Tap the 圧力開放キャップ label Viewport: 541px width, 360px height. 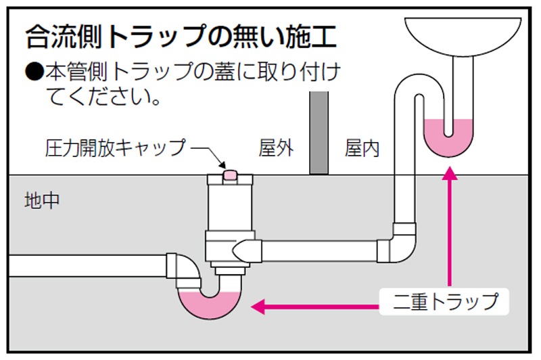(x=116, y=148)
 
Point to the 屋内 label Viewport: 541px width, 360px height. (x=362, y=148)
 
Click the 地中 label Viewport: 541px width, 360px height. (x=42, y=200)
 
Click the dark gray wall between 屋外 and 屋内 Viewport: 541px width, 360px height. (x=319, y=133)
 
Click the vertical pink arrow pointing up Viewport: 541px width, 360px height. (x=450, y=223)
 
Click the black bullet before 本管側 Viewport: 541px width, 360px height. (x=34, y=71)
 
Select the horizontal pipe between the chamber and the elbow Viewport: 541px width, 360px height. (x=318, y=250)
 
